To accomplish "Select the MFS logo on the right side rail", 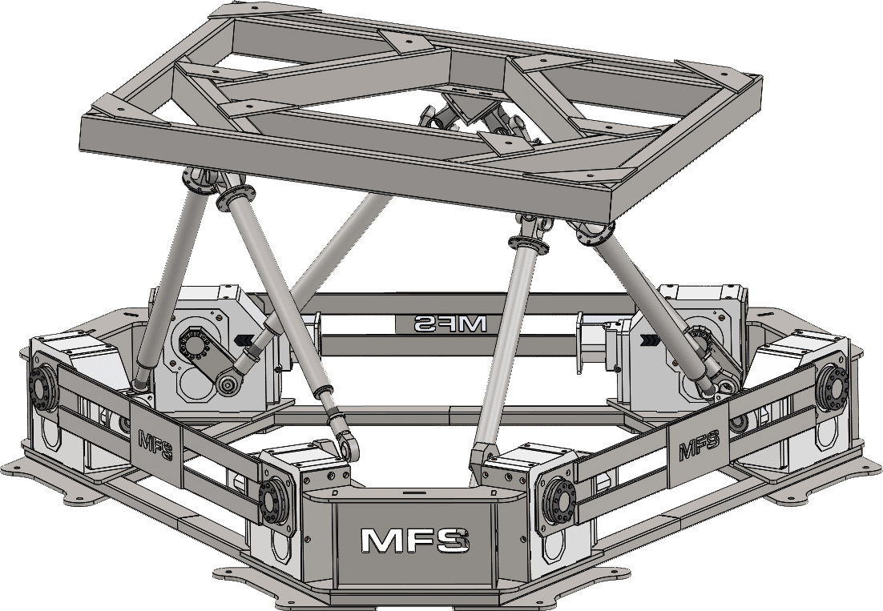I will (698, 446).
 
